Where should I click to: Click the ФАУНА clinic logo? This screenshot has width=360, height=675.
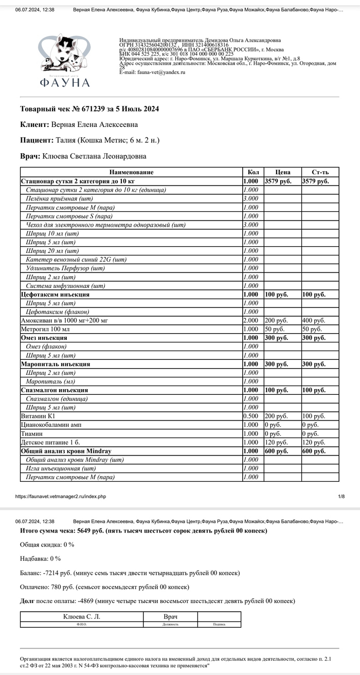pos(64,61)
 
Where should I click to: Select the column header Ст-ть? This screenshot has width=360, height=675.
pos(319,172)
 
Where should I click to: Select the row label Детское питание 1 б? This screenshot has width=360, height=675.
pos(49,442)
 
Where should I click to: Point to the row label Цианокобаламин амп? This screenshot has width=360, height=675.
pos(51,425)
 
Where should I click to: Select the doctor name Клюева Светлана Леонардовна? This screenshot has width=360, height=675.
pos(94,156)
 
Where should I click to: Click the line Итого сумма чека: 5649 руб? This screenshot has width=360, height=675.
pos(143,530)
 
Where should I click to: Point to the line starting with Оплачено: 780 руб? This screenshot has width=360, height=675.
pos(104,587)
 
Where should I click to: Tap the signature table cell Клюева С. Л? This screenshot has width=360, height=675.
pos(82,616)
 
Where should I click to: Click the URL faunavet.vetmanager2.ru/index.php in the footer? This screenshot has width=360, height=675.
pos(60,497)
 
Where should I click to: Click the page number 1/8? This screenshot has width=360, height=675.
pos(341,497)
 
